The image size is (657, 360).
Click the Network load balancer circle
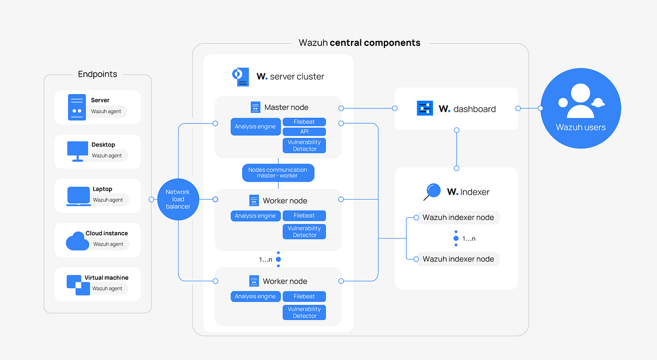click(x=178, y=199)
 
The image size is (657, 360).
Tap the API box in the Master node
click(x=304, y=132)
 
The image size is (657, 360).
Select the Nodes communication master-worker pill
click(x=278, y=173)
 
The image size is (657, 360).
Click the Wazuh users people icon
click(x=580, y=101)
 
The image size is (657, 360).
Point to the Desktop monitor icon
click(x=77, y=151)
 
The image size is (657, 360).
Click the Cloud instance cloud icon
click(x=77, y=241)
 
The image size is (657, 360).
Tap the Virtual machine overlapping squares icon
click(x=78, y=285)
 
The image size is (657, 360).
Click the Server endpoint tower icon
click(x=77, y=107)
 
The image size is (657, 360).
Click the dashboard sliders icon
click(x=425, y=108)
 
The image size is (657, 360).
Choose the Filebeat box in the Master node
click(x=304, y=122)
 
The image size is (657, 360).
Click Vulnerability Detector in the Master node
click(x=304, y=146)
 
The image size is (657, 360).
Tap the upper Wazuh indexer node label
click(x=458, y=218)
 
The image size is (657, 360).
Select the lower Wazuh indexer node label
click(x=458, y=259)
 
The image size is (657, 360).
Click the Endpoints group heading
click(x=97, y=74)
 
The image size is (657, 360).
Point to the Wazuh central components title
click(x=360, y=43)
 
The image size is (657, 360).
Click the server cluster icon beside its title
click(x=241, y=77)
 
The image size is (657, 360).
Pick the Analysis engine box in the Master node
click(x=256, y=126)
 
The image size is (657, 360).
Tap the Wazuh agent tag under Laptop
click(x=108, y=200)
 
